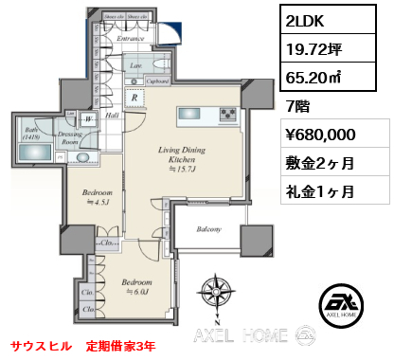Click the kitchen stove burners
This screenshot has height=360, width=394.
tap(227, 116)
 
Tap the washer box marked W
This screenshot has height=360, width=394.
tap(87, 120)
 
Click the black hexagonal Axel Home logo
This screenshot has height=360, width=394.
tap(341, 304)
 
